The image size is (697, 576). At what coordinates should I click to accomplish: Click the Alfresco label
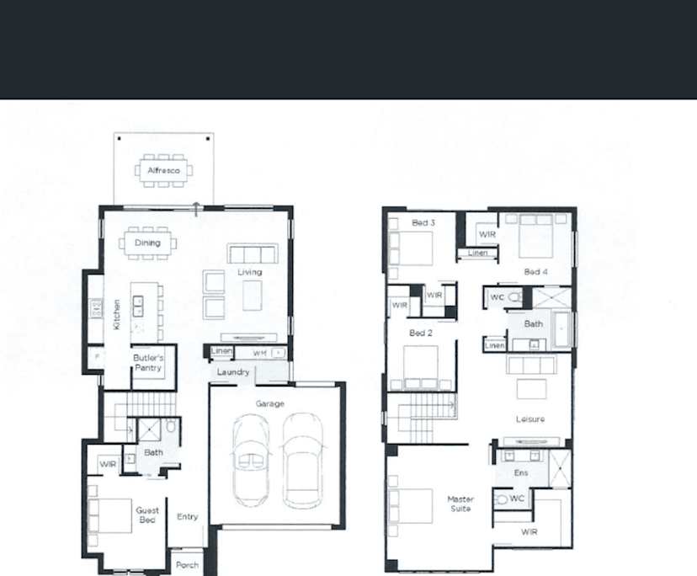(x=163, y=170)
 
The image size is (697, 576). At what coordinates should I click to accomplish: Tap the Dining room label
(x=147, y=243)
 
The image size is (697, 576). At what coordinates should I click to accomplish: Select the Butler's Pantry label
(x=148, y=363)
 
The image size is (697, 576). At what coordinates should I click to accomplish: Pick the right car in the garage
(x=302, y=460)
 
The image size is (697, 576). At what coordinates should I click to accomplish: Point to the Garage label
(x=270, y=403)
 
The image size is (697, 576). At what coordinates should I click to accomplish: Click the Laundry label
(x=232, y=371)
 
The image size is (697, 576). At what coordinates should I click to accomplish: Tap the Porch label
(x=188, y=565)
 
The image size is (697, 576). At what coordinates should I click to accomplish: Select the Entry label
(x=188, y=516)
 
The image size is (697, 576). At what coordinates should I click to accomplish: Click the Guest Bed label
(x=147, y=515)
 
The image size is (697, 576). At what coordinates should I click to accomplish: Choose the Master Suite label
(x=460, y=504)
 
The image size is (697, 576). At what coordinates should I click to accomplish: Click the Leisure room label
(x=530, y=419)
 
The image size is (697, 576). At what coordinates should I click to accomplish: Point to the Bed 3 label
(x=423, y=223)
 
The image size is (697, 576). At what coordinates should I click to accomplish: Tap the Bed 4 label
(x=535, y=271)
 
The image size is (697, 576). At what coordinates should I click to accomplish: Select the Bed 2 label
(x=420, y=333)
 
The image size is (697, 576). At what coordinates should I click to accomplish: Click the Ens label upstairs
(x=521, y=472)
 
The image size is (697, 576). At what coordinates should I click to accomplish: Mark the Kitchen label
(x=116, y=314)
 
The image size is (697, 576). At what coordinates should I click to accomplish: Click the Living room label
(x=249, y=272)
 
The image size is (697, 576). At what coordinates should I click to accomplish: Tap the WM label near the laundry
(x=259, y=352)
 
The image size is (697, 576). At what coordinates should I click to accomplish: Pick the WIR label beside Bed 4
(x=487, y=234)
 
